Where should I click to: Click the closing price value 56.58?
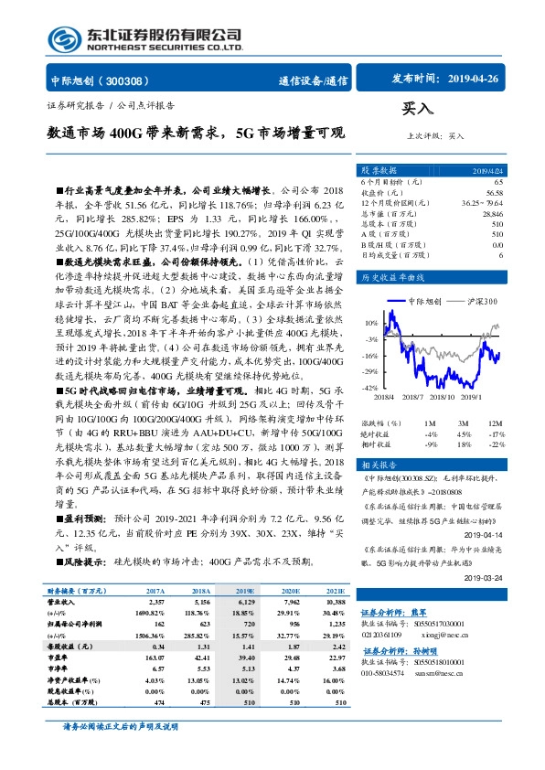495,194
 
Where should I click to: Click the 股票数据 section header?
378,171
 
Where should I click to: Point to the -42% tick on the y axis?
370,389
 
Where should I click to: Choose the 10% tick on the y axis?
371,323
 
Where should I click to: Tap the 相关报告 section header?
377,465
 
